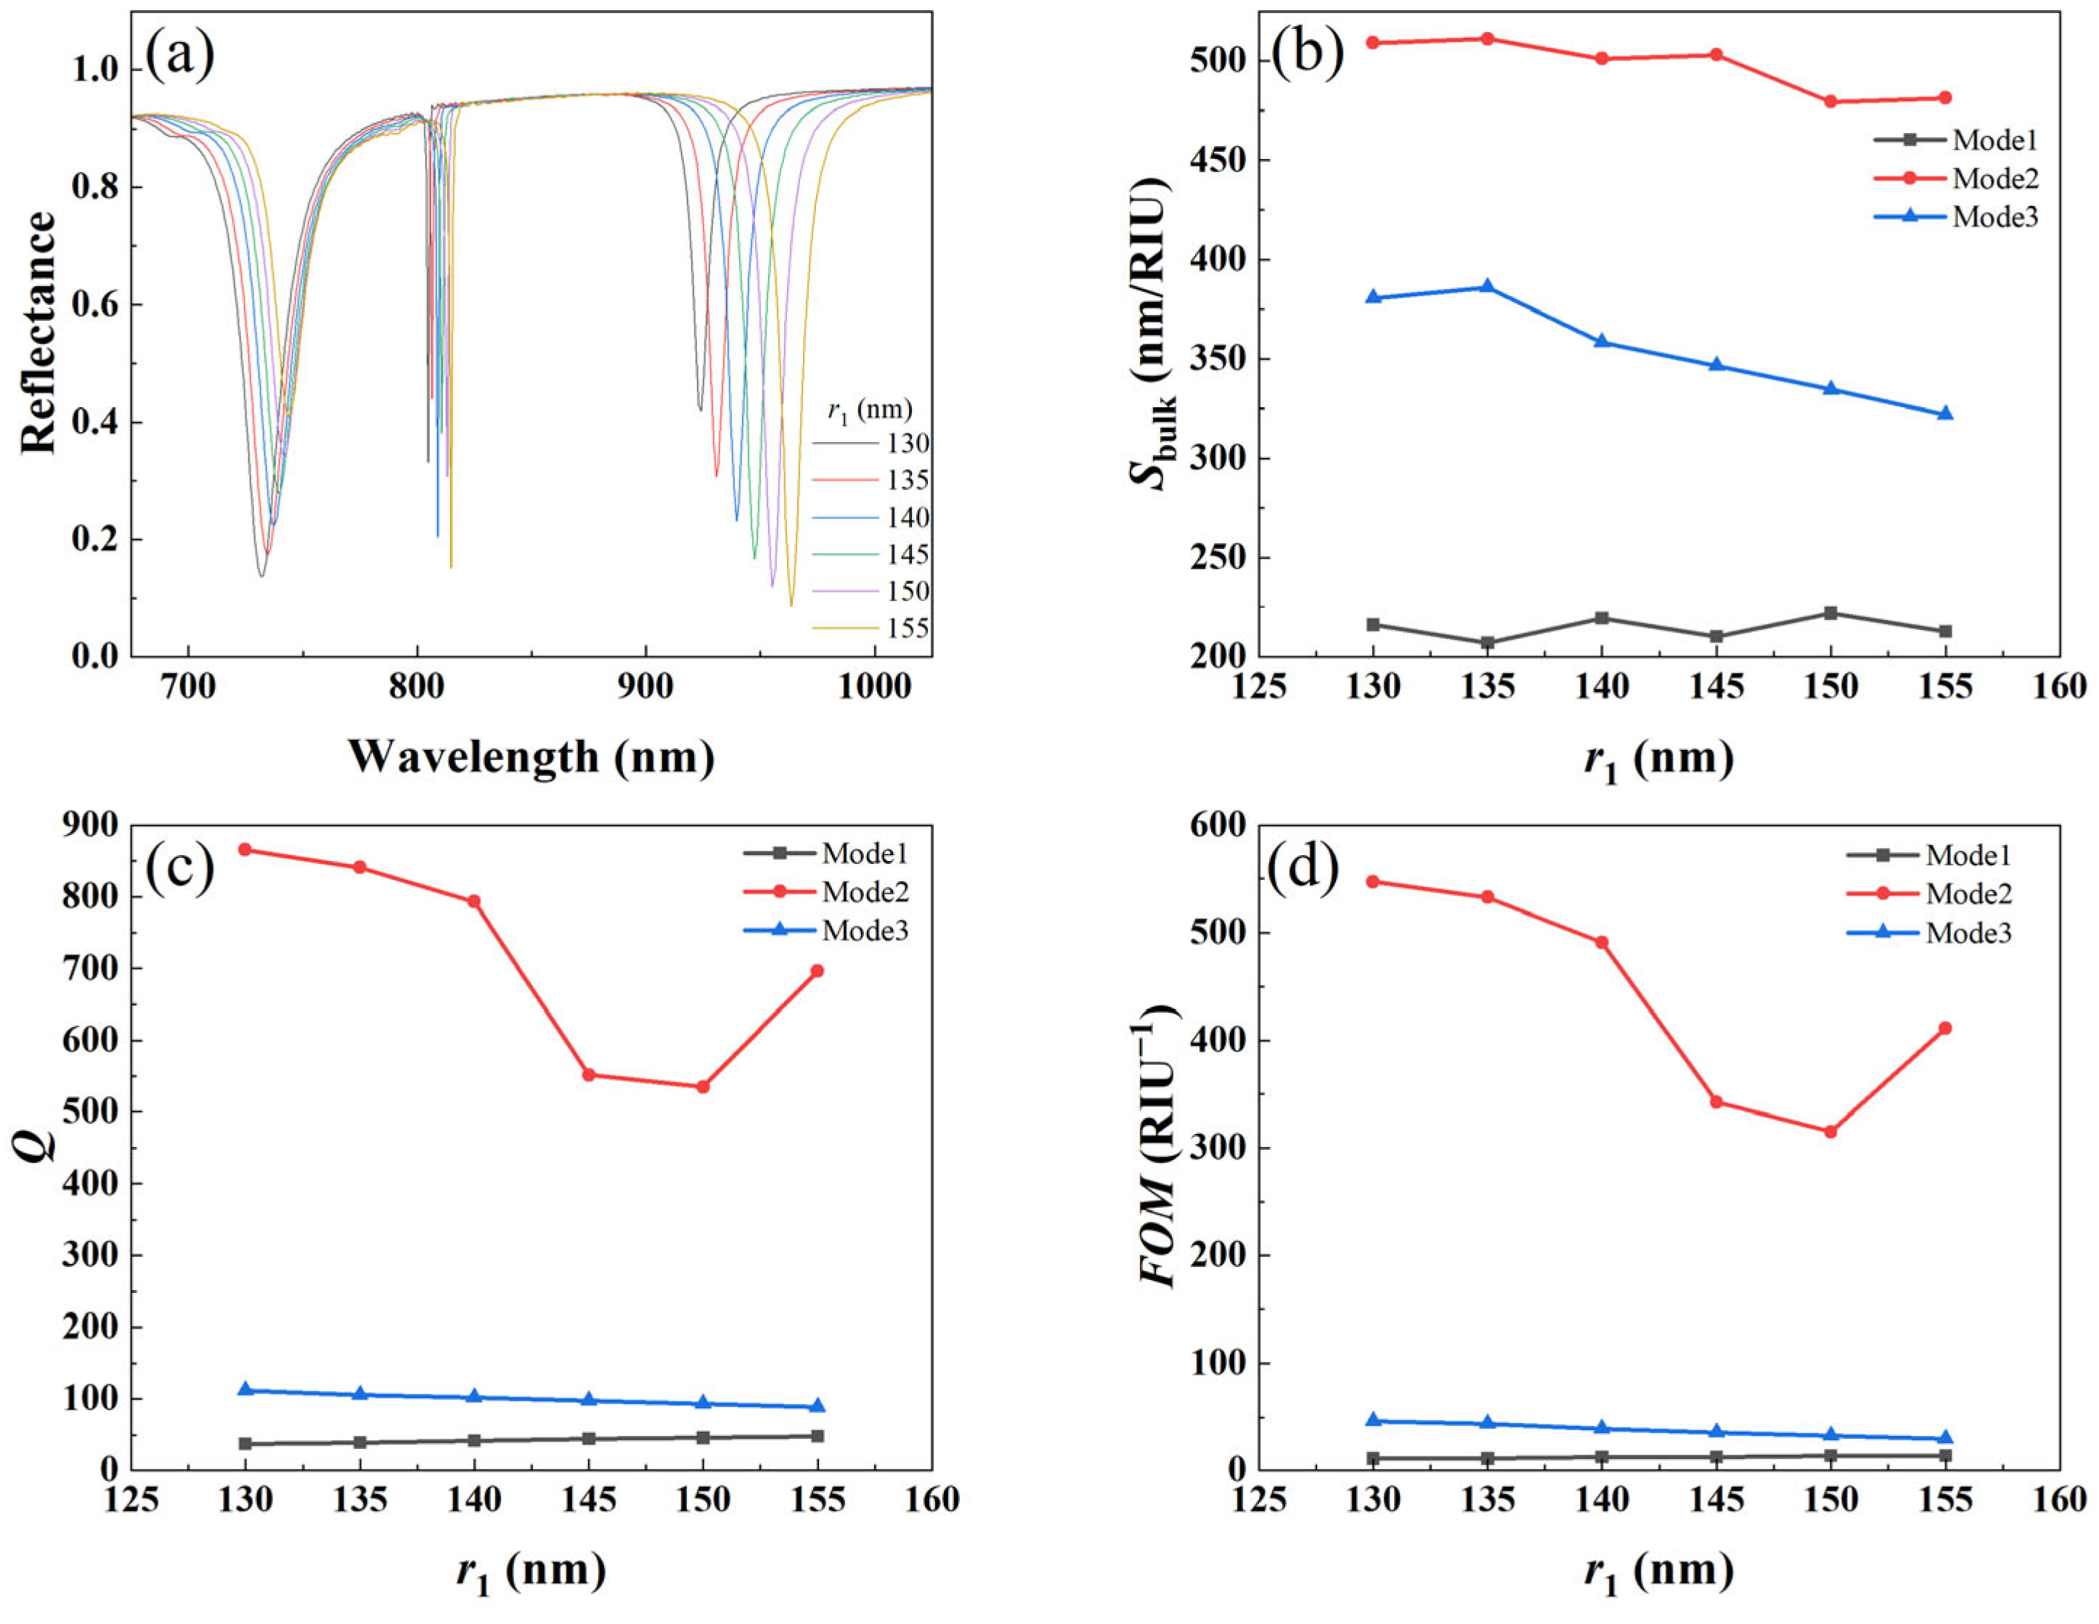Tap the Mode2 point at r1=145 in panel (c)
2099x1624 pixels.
pyautogui.click(x=588, y=1074)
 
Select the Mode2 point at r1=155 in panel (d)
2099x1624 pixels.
pyautogui.click(x=1945, y=1028)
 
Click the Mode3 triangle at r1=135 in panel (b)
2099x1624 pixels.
pyautogui.click(x=1487, y=286)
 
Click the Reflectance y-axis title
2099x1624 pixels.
pyautogui.click(x=38, y=332)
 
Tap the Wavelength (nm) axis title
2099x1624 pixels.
pyautogui.click(x=531, y=757)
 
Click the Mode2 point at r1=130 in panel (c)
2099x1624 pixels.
pyautogui.click(x=245, y=849)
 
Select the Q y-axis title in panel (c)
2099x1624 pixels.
pyautogui.click(x=38, y=1146)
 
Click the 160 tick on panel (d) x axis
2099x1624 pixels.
pyautogui.click(x=2058, y=1500)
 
